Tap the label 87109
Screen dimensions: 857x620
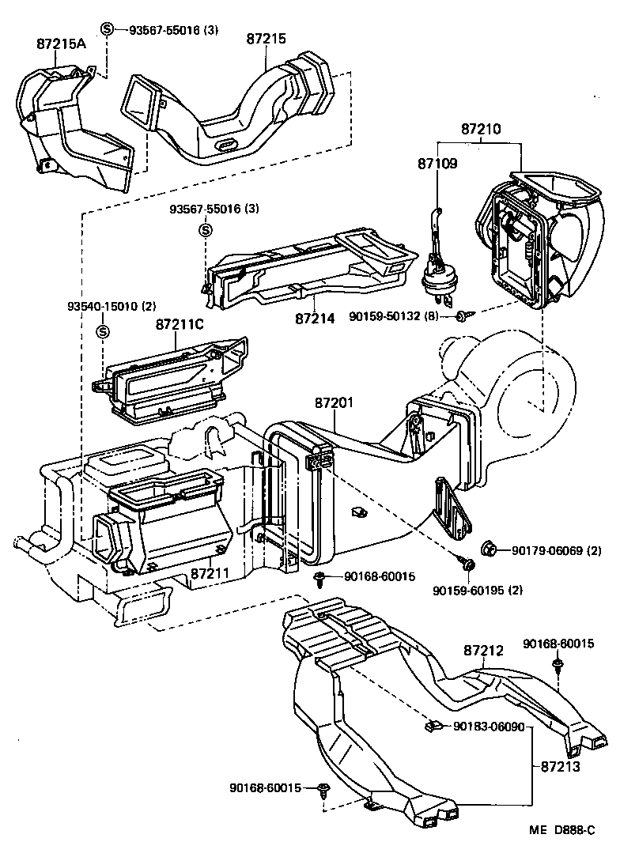438,164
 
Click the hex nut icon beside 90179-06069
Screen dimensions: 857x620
488,548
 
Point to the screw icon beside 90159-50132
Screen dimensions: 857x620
463,317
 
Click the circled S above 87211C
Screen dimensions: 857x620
102,330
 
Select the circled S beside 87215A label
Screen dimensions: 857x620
108,29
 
